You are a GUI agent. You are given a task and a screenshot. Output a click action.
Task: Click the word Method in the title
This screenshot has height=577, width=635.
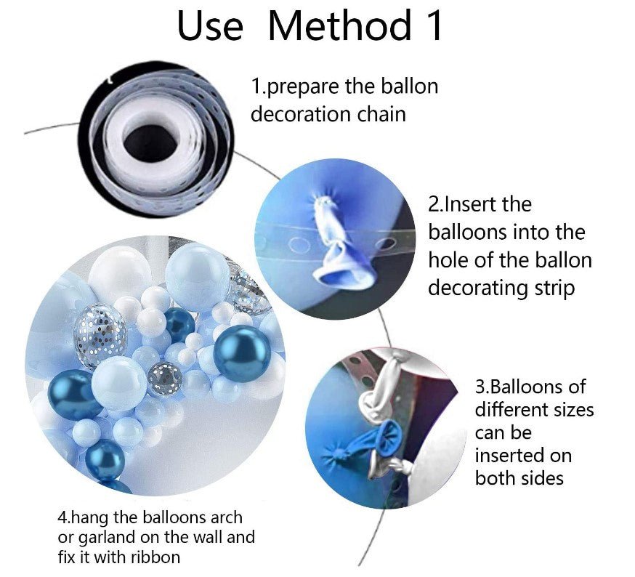(x=339, y=25)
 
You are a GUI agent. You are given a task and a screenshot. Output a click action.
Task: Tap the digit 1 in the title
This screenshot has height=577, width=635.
(x=433, y=25)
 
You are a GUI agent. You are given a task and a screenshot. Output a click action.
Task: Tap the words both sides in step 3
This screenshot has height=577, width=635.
(x=519, y=479)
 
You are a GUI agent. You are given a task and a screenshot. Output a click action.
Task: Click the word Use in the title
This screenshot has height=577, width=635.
(x=210, y=26)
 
